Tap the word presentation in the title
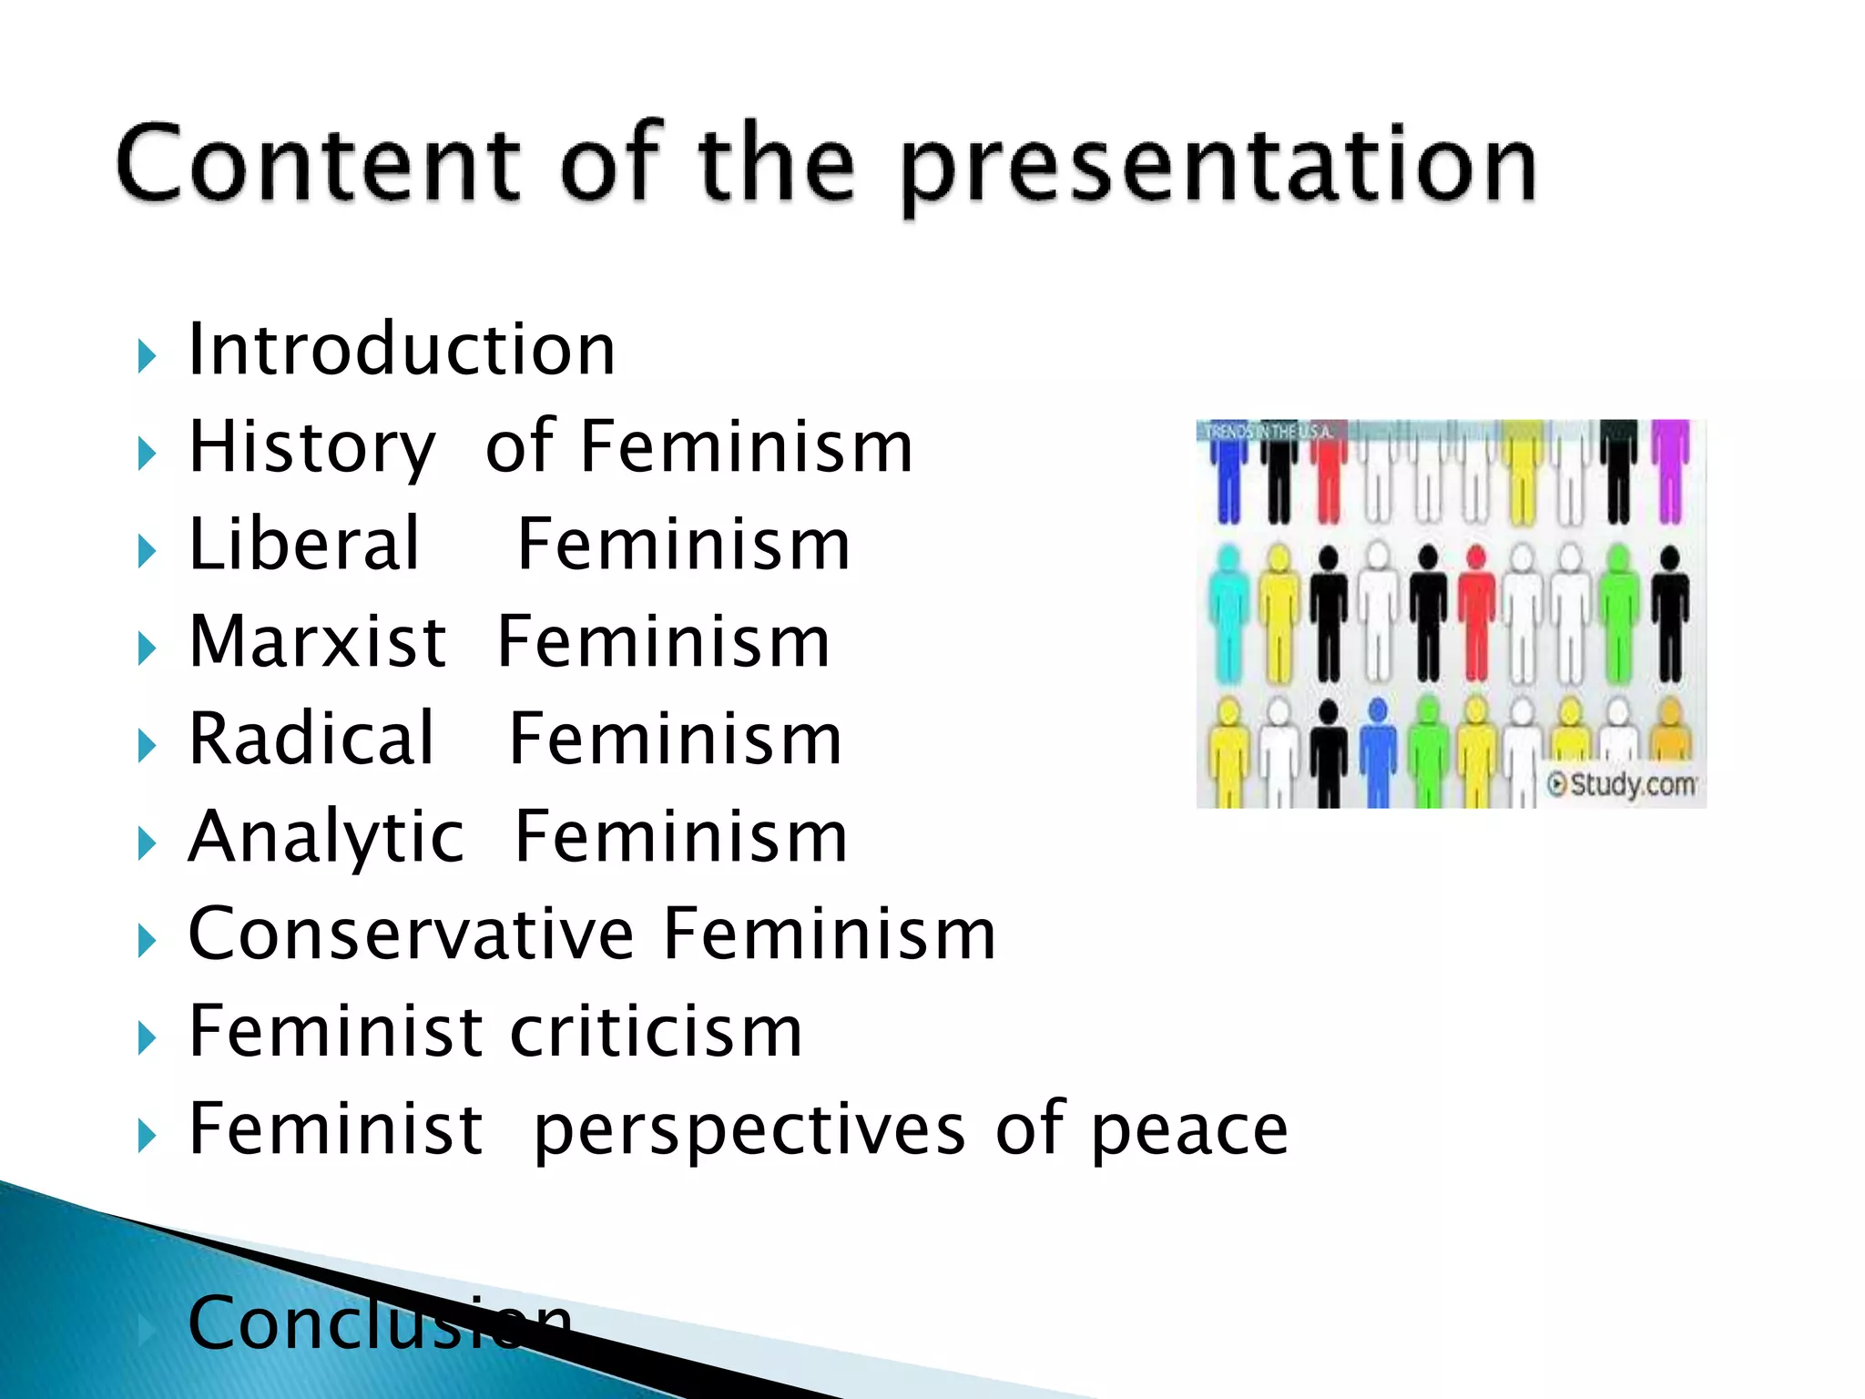point(1218,168)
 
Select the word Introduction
point(402,350)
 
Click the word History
point(311,448)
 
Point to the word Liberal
point(304,545)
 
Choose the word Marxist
point(317,642)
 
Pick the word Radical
point(311,739)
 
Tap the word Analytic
point(326,837)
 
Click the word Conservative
point(411,934)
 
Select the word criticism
point(656,1032)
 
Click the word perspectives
point(749,1130)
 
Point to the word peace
point(1188,1130)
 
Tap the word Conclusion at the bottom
point(379,1322)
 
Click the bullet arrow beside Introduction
point(147,355)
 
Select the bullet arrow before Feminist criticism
point(147,1037)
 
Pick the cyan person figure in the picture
point(1229,615)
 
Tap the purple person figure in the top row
point(1670,469)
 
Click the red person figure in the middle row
point(1477,615)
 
